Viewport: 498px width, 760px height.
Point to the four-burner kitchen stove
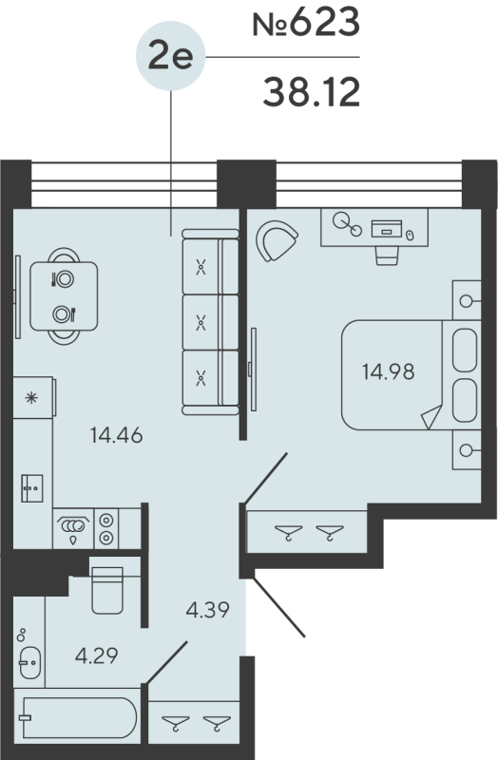pyautogui.click(x=106, y=528)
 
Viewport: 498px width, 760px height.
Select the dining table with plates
pyautogui.click(x=64, y=295)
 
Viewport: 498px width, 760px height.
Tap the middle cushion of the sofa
pyautogui.click(x=201, y=322)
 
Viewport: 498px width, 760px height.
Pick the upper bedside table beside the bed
pyautogui.click(x=468, y=300)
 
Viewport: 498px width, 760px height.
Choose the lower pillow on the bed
pyautogui.click(x=465, y=400)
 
